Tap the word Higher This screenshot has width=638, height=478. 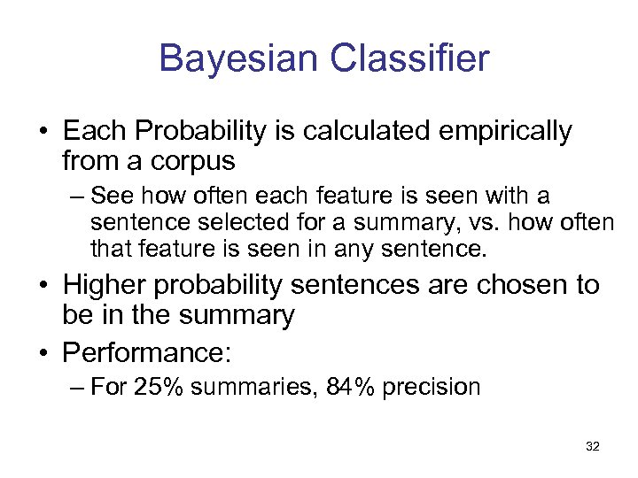[x=110, y=285]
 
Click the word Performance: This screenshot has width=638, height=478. [x=147, y=352]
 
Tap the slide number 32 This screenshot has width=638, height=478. [x=593, y=447]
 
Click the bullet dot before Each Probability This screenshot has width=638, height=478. [x=43, y=133]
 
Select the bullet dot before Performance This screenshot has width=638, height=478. [x=43, y=353]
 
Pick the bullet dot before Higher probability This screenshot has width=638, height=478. [x=43, y=286]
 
